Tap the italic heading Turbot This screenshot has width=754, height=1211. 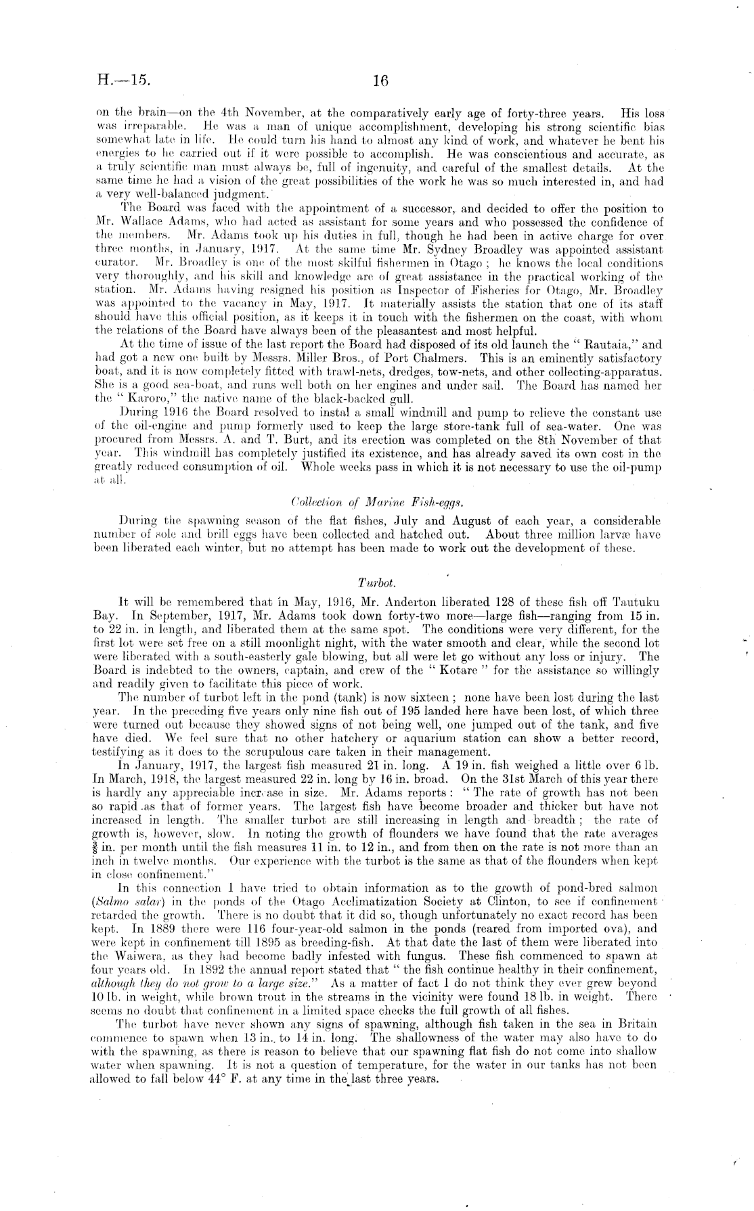pyautogui.click(x=376, y=582)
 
